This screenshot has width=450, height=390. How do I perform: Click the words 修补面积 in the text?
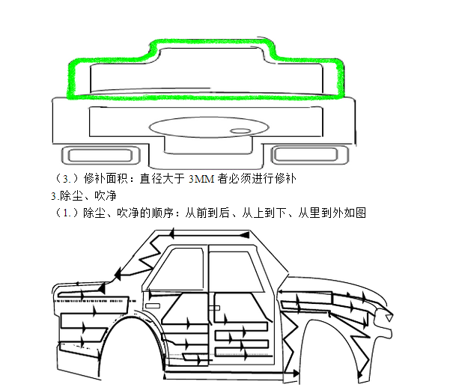click(107, 179)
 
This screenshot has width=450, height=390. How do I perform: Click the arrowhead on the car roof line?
click(243, 235)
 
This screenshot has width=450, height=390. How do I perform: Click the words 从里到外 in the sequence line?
click(309, 213)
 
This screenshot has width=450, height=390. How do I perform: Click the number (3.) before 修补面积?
click(68, 179)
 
